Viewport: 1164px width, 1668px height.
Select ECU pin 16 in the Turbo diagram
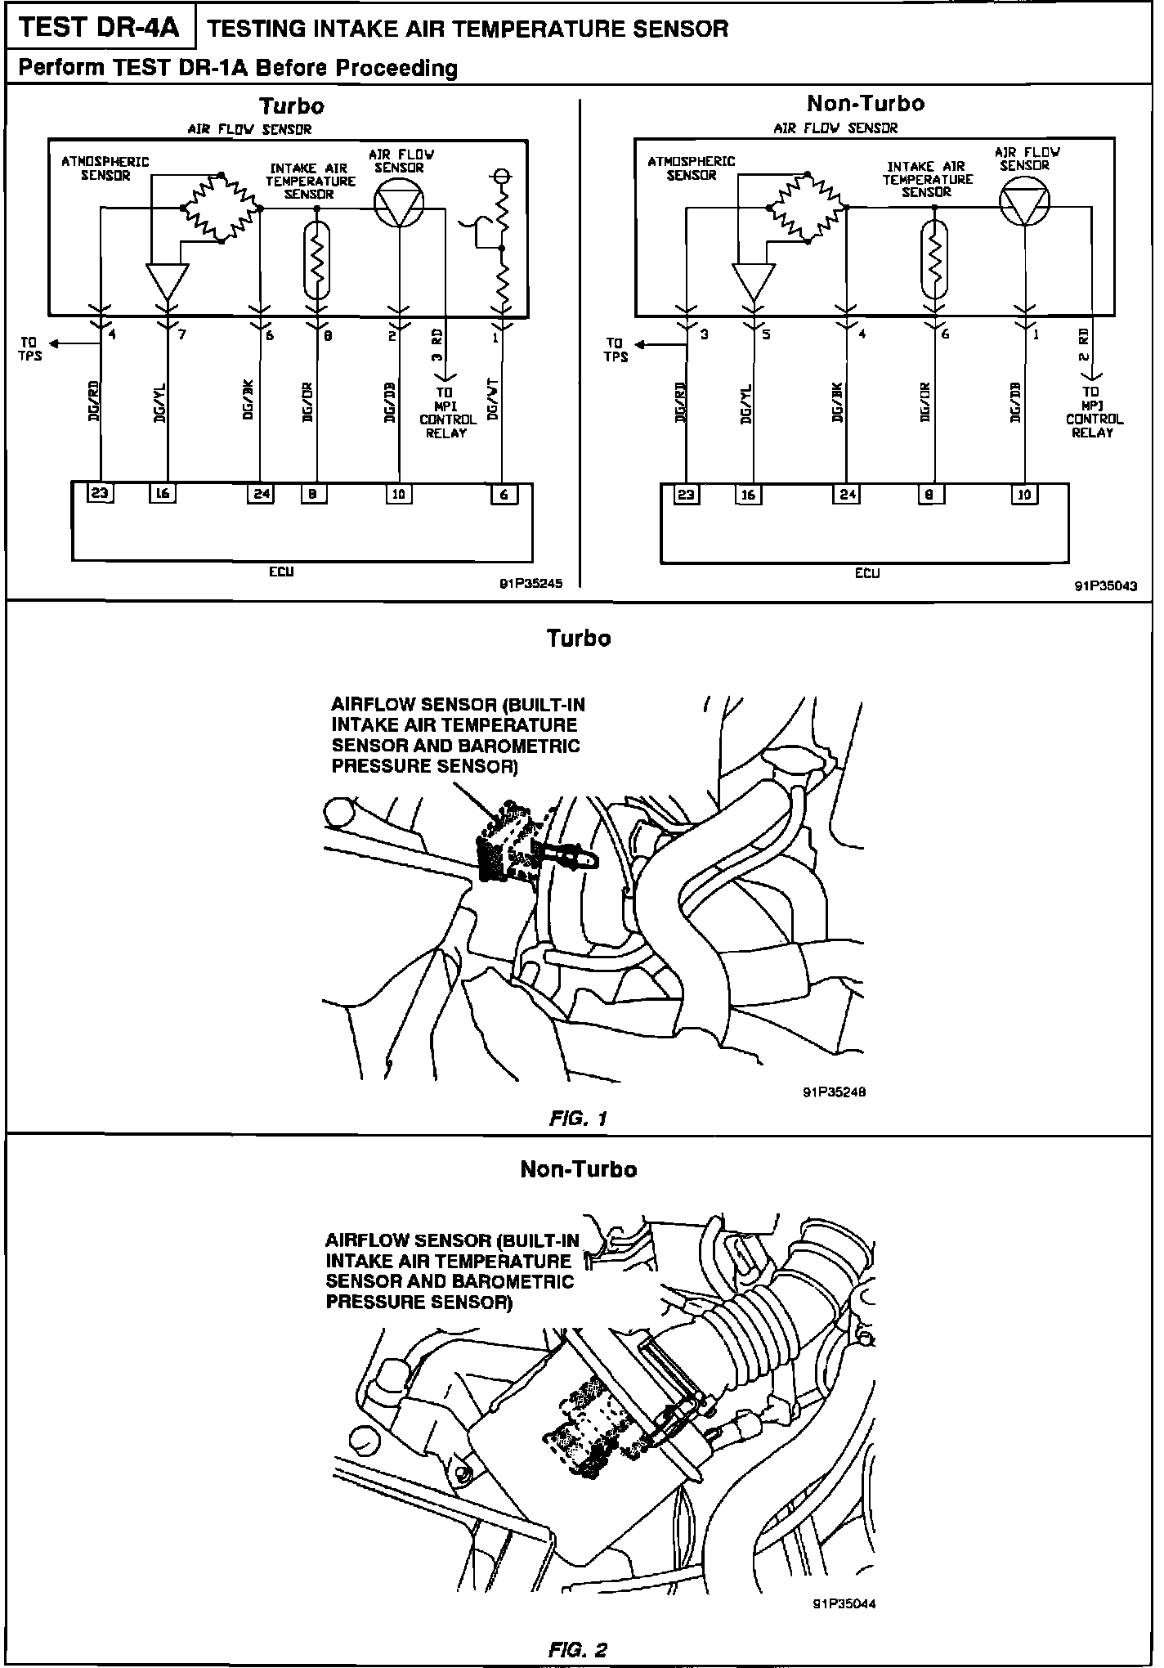(x=162, y=493)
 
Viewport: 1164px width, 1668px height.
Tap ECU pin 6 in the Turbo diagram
(x=504, y=494)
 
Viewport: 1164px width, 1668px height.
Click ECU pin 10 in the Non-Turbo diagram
(x=1024, y=494)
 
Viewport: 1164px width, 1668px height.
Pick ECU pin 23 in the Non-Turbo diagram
(x=687, y=494)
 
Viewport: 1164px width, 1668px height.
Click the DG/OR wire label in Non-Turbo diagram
(x=925, y=403)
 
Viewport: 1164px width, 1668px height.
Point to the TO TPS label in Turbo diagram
(x=30, y=349)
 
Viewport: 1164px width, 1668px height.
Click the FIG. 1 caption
(x=579, y=1118)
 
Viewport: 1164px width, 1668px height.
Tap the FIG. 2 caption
(x=579, y=1649)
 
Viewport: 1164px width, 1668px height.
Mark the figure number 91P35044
(x=844, y=1604)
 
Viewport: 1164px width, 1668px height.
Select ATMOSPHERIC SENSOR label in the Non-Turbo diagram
(x=692, y=168)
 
